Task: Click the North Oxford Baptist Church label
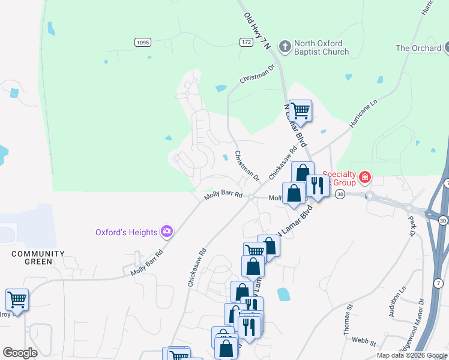click(x=322, y=47)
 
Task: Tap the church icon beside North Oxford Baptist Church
click(x=285, y=45)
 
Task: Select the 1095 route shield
click(x=142, y=42)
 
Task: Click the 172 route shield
click(x=246, y=42)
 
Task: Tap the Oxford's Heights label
click(x=126, y=232)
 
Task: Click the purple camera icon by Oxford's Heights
click(x=167, y=232)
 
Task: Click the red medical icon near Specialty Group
click(x=365, y=177)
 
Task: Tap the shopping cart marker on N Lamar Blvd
click(x=300, y=110)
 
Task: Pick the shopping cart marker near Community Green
click(x=17, y=299)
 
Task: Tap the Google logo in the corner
click(x=20, y=353)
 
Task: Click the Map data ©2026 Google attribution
click(x=412, y=355)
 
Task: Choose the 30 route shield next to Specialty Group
click(x=340, y=195)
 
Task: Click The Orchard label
click(x=418, y=48)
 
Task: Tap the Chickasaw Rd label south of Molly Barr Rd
click(x=197, y=267)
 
